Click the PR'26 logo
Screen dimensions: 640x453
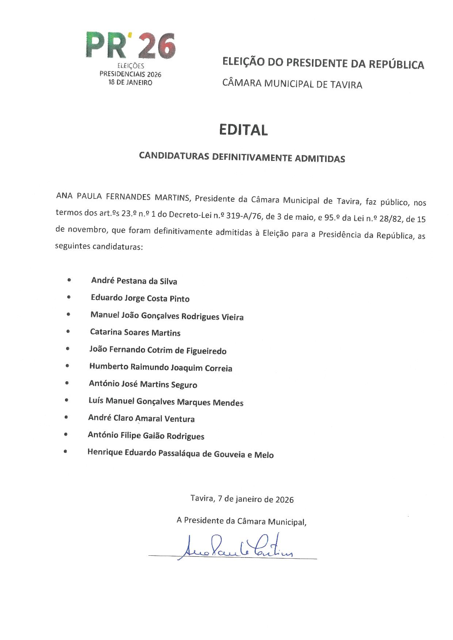coord(130,46)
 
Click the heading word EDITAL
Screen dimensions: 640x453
coord(243,130)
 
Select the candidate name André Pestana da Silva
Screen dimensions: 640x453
coord(134,281)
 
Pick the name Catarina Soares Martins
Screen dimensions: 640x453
coord(135,333)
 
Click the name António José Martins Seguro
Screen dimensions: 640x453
coord(143,384)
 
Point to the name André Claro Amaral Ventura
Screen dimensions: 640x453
coord(141,419)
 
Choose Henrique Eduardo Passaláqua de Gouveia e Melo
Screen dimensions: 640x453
coord(180,454)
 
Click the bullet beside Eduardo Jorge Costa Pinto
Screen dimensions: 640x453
coord(68,297)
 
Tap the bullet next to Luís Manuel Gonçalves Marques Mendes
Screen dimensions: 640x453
coord(66,400)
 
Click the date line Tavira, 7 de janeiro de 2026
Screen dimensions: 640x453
coord(242,499)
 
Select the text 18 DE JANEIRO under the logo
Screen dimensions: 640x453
coord(130,82)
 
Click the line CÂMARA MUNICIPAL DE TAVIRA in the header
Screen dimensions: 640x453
coord(292,84)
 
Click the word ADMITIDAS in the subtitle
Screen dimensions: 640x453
coord(320,158)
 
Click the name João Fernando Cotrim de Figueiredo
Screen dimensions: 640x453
coord(158,350)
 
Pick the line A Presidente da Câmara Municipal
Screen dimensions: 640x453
coord(241,521)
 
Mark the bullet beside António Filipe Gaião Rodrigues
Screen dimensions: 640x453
coord(66,434)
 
